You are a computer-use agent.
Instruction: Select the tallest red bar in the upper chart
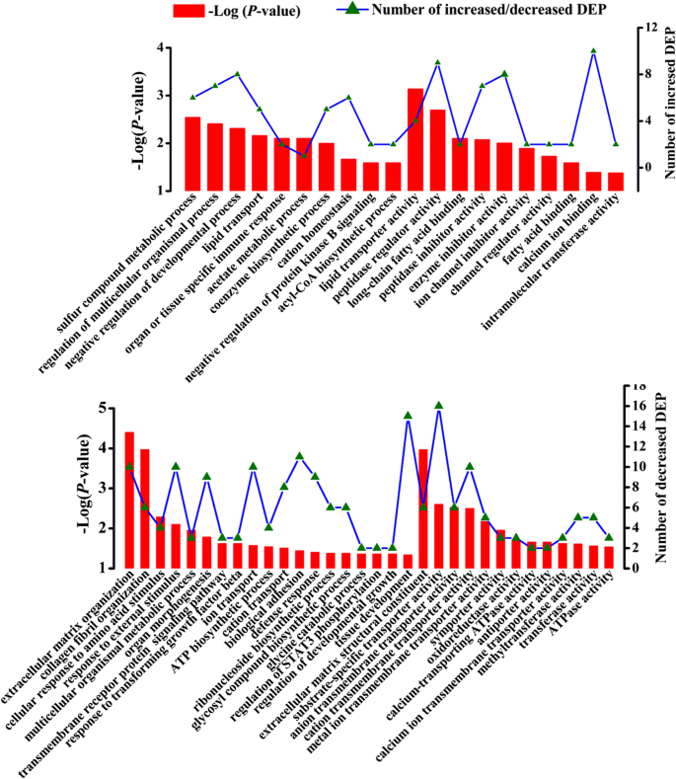click(415, 139)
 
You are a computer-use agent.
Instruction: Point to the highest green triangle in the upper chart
click(594, 51)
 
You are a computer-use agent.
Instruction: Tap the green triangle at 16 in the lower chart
click(439, 406)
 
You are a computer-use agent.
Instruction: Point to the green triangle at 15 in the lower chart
click(408, 416)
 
